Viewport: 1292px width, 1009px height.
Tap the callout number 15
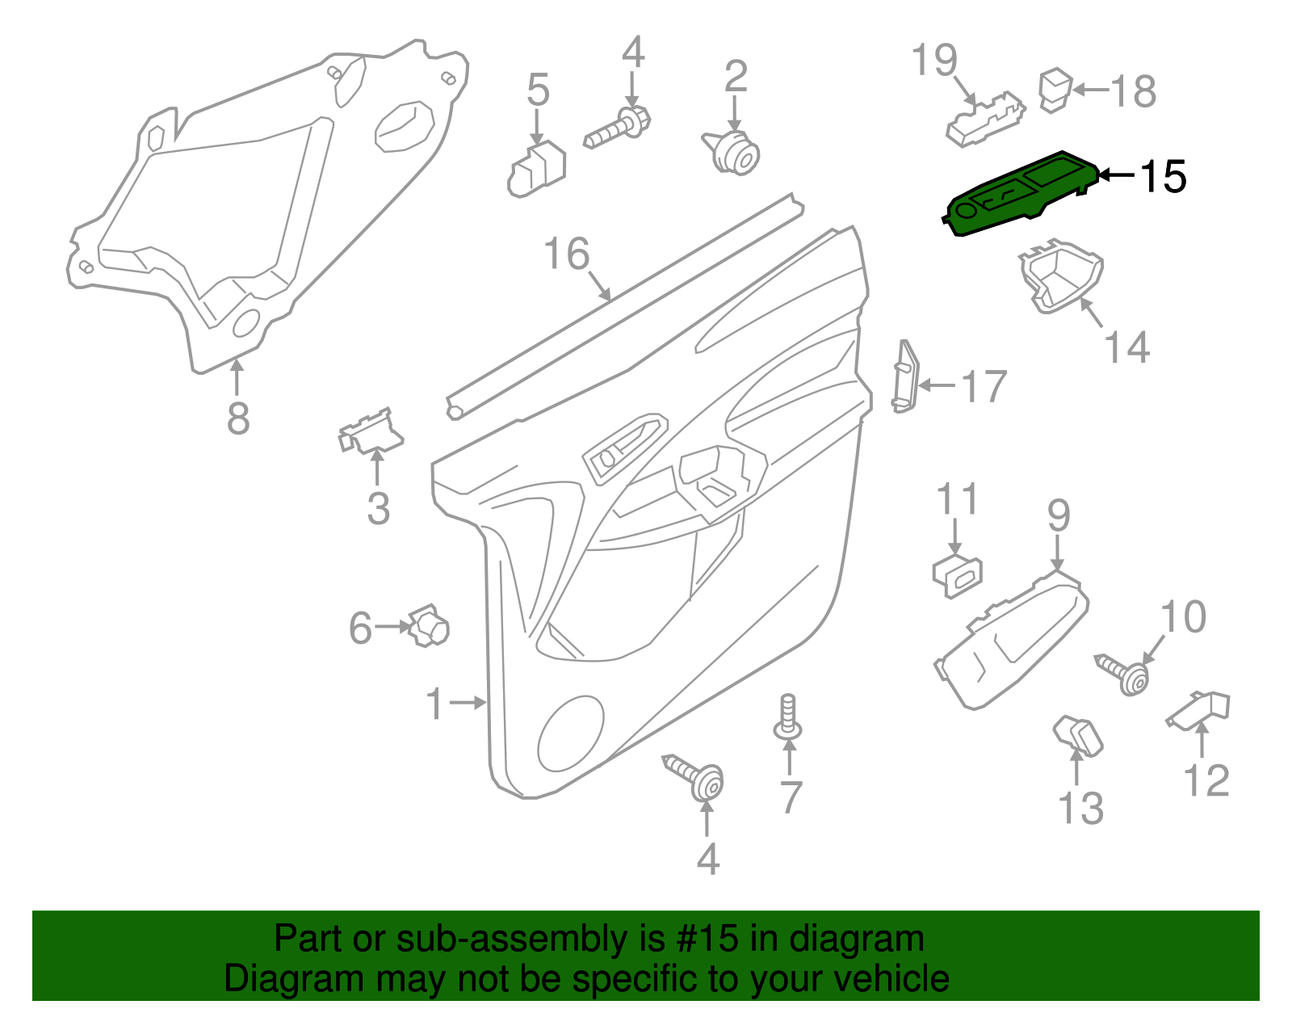coord(1163,176)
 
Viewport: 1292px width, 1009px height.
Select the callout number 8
coord(237,418)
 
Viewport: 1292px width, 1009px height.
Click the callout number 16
coord(567,254)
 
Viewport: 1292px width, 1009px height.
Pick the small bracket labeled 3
coord(370,432)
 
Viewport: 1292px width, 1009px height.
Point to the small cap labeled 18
coord(1055,90)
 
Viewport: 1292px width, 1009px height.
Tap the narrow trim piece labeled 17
coord(905,376)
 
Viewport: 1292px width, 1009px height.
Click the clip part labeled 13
coord(1078,734)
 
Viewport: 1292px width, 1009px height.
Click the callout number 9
coord(1059,515)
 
